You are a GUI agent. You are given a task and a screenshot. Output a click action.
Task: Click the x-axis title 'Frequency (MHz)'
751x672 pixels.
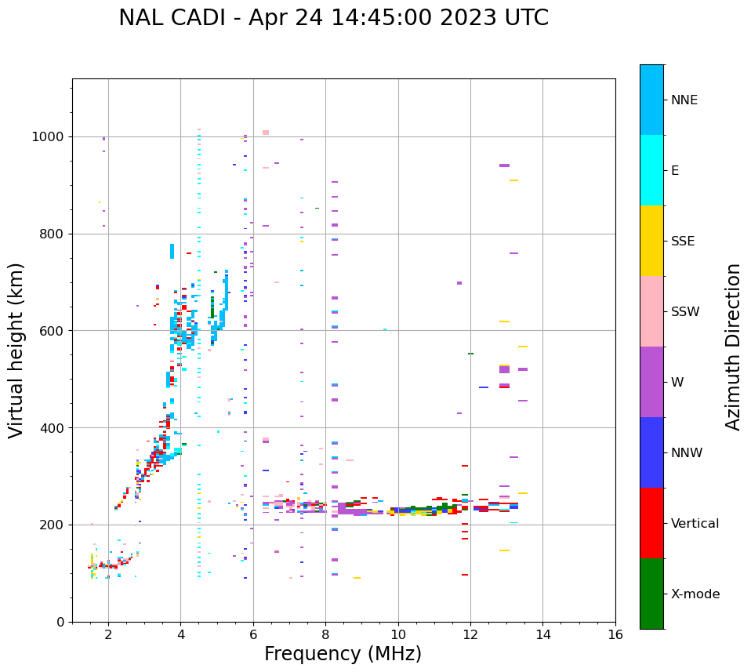click(343, 654)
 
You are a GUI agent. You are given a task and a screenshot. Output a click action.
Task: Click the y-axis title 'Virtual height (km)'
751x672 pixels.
click(16, 350)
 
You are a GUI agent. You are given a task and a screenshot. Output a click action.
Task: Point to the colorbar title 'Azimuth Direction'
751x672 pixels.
click(733, 347)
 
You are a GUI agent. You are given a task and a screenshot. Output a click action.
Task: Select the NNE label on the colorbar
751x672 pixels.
click(684, 100)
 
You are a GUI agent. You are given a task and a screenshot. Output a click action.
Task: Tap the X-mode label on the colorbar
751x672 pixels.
click(695, 594)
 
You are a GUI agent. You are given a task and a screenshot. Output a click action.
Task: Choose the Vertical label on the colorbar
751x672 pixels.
click(695, 524)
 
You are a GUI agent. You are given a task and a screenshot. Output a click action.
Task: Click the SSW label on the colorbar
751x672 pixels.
click(685, 312)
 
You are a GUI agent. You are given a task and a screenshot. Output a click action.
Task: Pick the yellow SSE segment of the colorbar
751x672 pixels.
click(651, 241)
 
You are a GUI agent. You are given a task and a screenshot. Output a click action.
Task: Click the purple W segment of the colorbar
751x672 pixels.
click(651, 382)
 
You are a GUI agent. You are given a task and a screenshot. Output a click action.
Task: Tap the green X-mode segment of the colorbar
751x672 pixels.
click(651, 594)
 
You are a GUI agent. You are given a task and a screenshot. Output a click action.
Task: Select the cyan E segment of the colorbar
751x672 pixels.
click(651, 170)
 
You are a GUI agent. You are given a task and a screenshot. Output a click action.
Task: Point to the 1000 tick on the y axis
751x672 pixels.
click(48, 137)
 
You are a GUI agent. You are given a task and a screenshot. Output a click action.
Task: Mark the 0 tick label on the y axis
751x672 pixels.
click(60, 622)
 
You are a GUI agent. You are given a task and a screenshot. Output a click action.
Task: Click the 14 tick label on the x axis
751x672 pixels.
click(542, 634)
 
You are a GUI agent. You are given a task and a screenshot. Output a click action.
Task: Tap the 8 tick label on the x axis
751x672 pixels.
click(325, 634)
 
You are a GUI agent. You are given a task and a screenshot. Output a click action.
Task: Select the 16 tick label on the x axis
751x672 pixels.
click(615, 634)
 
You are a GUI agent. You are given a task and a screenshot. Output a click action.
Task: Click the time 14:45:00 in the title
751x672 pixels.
click(379, 18)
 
